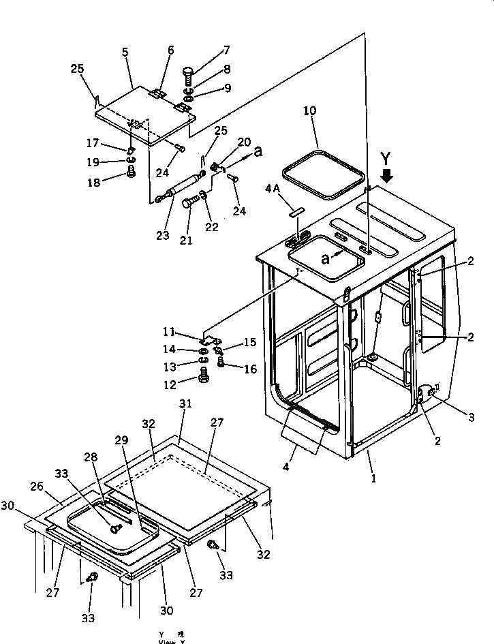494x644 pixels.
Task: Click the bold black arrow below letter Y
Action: coord(388,176)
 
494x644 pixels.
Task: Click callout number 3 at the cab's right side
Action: coord(470,416)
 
